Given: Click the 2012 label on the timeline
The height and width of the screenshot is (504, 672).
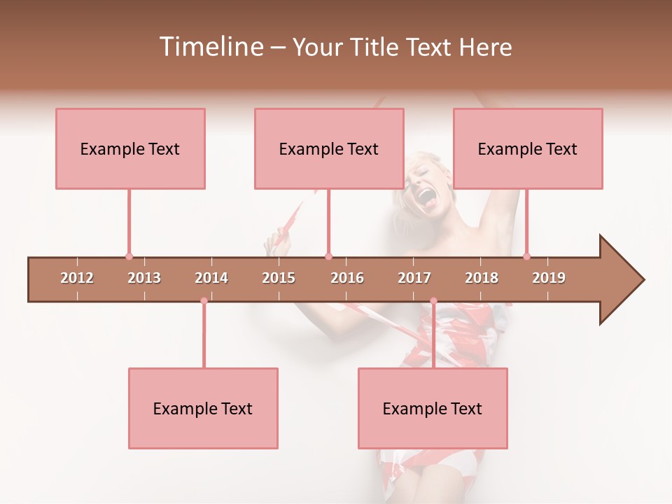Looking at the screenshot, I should click(77, 278).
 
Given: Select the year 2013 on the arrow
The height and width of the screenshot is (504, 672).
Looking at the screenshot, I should click(144, 278).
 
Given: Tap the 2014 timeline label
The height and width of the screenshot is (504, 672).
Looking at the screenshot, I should click(211, 278).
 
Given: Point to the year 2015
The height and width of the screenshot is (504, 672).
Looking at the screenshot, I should click(279, 278).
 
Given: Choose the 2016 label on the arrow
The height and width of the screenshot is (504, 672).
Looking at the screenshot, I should click(347, 278).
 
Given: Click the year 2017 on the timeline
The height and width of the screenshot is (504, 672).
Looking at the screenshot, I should click(414, 278).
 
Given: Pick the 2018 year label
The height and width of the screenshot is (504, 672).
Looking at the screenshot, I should click(482, 278).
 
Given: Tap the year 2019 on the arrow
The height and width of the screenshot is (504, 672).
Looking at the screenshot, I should click(549, 278).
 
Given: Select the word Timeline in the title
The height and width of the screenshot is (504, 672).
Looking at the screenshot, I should click(209, 47).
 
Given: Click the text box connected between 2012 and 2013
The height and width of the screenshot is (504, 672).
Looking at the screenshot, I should click(130, 148).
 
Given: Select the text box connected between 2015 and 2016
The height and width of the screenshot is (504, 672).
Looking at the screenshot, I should click(329, 148).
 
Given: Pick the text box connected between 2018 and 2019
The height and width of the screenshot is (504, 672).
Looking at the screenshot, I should click(528, 148).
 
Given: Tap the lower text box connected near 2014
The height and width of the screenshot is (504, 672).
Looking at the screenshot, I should click(203, 408).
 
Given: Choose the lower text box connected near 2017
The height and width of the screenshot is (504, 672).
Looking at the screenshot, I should click(433, 408).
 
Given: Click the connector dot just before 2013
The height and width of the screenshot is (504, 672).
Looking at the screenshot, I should click(129, 256).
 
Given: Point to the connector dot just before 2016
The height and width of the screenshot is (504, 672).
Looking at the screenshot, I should click(328, 256).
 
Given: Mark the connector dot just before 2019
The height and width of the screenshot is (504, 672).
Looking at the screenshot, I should click(526, 256).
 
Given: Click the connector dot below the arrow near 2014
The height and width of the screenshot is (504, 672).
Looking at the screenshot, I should click(204, 301).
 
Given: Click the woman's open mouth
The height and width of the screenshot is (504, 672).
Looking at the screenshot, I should click(425, 197).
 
